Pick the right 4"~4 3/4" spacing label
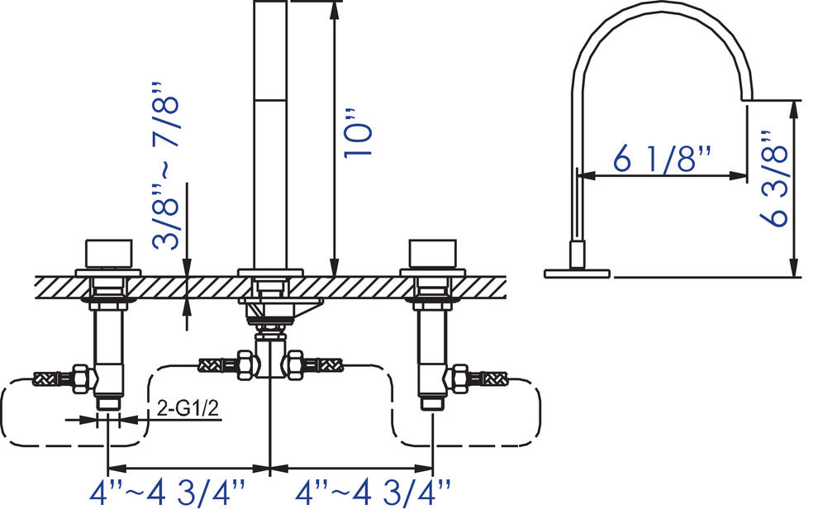pyautogui.click(x=374, y=493)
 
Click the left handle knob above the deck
pyautogui.click(x=109, y=252)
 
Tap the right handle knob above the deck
pyautogui.click(x=433, y=252)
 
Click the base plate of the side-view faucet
pyautogui.click(x=577, y=272)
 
